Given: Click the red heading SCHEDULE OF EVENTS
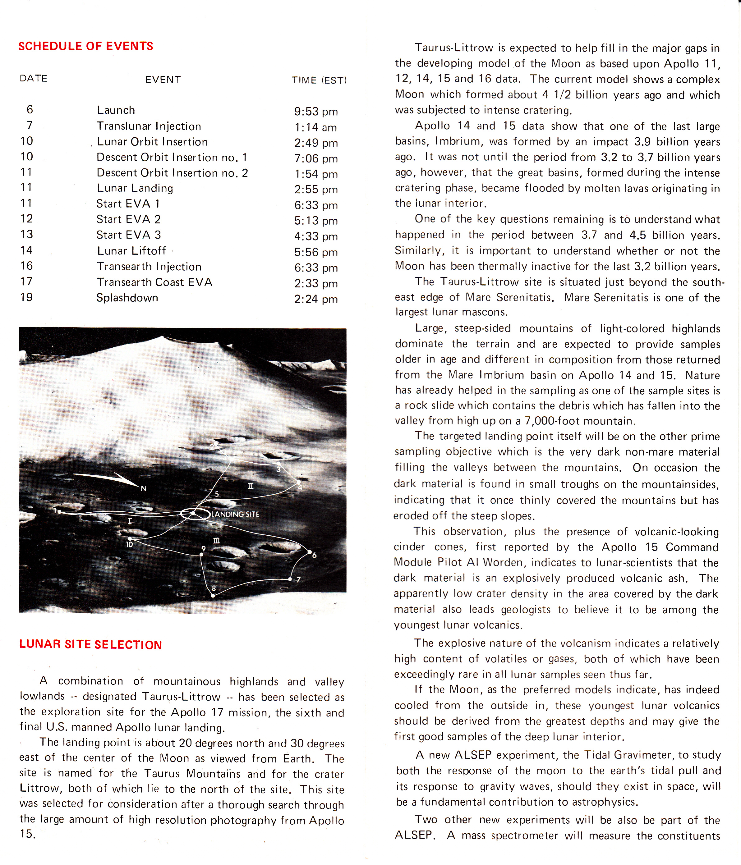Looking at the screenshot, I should coord(85,46).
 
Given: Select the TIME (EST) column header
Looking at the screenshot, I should coord(319,80).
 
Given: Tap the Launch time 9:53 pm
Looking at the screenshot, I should coord(316,112).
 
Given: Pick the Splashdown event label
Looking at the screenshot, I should coord(127,298).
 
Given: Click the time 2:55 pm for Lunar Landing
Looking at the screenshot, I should coord(316,190).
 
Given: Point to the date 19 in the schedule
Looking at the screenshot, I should coord(26,297).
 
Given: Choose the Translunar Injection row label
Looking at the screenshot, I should coord(149,126).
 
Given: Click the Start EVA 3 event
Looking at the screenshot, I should coord(129,235).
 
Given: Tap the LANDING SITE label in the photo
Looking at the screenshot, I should coord(235,514).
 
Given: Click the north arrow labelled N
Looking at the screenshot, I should coord(143,488).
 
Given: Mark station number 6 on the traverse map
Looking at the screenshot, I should coord(314,555).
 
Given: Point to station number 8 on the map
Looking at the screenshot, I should coord(214,588).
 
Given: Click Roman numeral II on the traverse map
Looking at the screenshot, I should coord(251,486).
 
